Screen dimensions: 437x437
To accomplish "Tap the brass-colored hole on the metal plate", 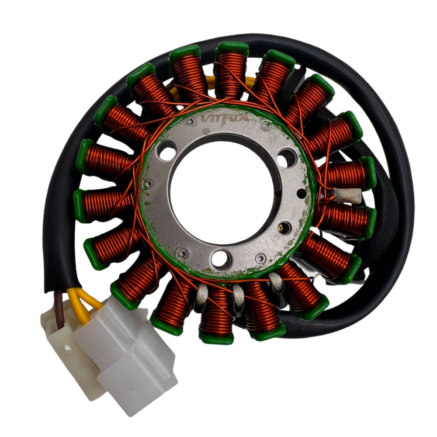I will click(285, 226).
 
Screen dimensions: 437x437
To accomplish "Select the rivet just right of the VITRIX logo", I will click(265, 127).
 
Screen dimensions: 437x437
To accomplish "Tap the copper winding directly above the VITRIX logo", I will click(230, 74).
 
